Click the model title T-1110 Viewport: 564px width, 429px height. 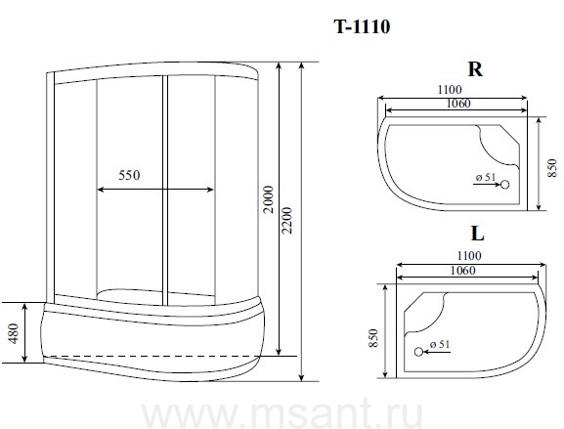click(362, 26)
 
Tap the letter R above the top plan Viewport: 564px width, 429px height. click(475, 69)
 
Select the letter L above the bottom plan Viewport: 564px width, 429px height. click(477, 234)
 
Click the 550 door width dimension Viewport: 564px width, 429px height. click(129, 175)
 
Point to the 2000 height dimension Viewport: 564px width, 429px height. click(269, 199)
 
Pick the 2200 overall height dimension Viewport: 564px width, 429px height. click(287, 220)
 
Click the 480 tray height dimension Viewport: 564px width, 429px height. click(13, 333)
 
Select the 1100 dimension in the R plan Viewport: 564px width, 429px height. click(450, 89)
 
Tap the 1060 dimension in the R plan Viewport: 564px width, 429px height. click(458, 104)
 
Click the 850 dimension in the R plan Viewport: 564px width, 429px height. click(551, 167)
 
